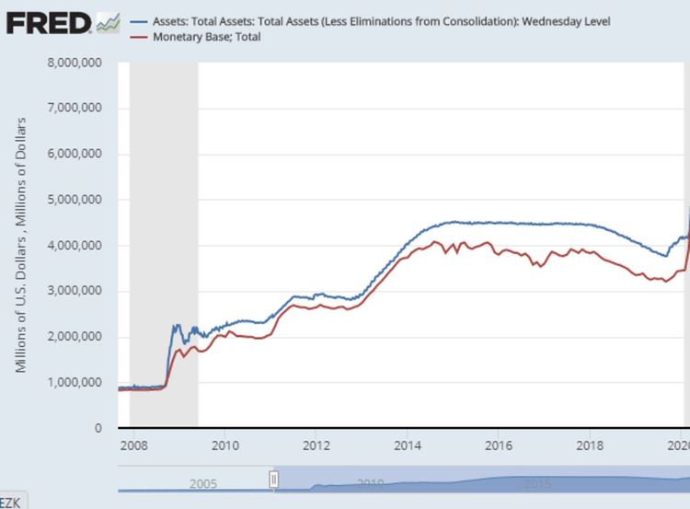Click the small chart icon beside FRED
coord(108,21)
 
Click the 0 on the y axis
coord(97,428)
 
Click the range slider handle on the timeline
coord(273,479)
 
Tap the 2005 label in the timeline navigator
coord(202,483)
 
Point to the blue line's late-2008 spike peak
coord(175,324)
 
